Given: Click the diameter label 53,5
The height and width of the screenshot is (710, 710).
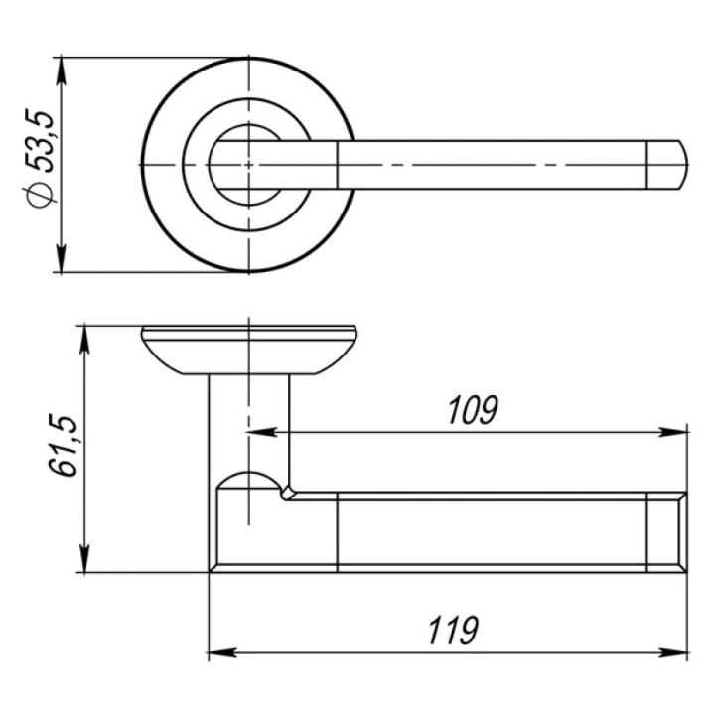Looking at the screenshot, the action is [41, 140].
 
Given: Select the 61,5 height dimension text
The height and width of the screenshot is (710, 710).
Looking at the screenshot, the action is [63, 445].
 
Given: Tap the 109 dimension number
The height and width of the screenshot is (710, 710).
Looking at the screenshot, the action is [473, 410].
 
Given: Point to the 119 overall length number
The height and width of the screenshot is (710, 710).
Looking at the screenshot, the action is [453, 631].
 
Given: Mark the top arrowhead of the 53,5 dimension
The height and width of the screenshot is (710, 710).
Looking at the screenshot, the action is [62, 71].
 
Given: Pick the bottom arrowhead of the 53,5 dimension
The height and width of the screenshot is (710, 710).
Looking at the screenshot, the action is [62, 259].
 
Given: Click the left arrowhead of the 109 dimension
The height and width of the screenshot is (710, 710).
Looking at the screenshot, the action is [262, 432].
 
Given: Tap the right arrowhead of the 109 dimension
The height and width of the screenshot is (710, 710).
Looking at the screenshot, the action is [673, 432].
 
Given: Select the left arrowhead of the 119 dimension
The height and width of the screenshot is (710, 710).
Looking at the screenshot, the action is [222, 653].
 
